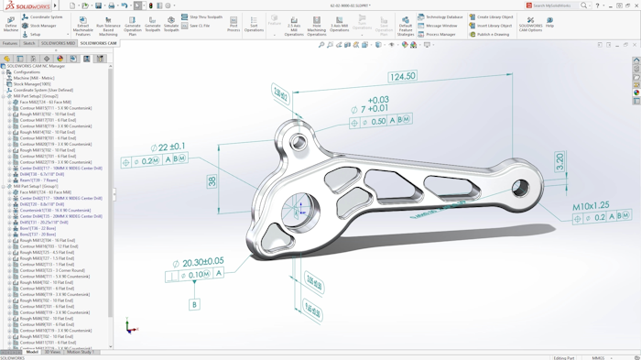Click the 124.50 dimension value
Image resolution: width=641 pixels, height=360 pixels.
point(402,77)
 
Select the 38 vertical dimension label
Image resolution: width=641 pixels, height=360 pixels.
point(212,181)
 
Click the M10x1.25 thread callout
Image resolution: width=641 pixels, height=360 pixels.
point(591,207)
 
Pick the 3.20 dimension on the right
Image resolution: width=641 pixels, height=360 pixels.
point(560,161)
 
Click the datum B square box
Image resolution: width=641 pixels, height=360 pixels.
point(194,304)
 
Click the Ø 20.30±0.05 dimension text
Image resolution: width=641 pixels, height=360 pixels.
point(198,263)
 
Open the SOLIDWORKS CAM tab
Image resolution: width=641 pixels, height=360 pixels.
point(98,43)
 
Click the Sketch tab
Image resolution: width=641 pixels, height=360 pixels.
point(29,43)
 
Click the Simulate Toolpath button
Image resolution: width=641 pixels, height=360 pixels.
point(171,24)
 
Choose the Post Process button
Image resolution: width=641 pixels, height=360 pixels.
point(234,24)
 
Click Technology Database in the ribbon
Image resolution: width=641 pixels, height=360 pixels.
point(443,16)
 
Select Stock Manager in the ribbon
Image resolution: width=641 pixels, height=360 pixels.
point(42,26)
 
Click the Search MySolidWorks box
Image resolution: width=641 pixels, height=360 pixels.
point(552,5)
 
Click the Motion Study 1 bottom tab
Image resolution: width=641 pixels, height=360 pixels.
point(80,353)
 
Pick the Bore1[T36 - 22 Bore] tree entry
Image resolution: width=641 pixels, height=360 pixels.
point(38,228)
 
